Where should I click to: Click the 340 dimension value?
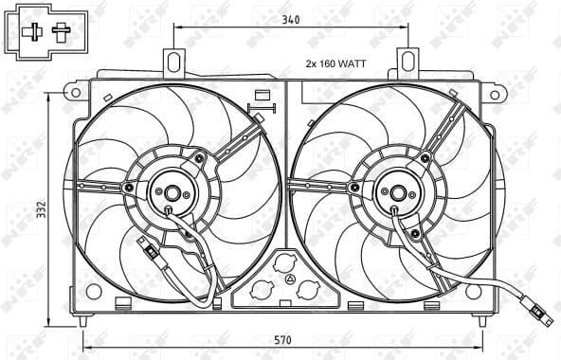[x=291, y=17]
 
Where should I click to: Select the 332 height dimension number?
[x=40, y=210]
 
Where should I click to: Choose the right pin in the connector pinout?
[x=63, y=32]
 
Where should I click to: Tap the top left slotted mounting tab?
[x=173, y=63]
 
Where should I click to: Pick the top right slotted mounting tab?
[x=408, y=63]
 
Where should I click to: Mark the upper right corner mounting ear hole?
[x=493, y=91]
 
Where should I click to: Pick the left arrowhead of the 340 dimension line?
[x=177, y=29]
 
